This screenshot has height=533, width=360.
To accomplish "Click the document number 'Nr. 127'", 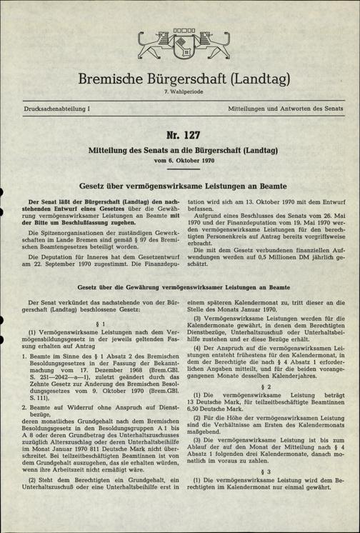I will pyautogui.click(x=179, y=136).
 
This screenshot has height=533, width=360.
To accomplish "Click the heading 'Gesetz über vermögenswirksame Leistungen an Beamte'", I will pyautogui.click(x=179, y=185).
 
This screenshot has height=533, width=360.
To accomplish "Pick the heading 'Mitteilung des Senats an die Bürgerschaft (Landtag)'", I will pyautogui.click(x=179, y=151).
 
